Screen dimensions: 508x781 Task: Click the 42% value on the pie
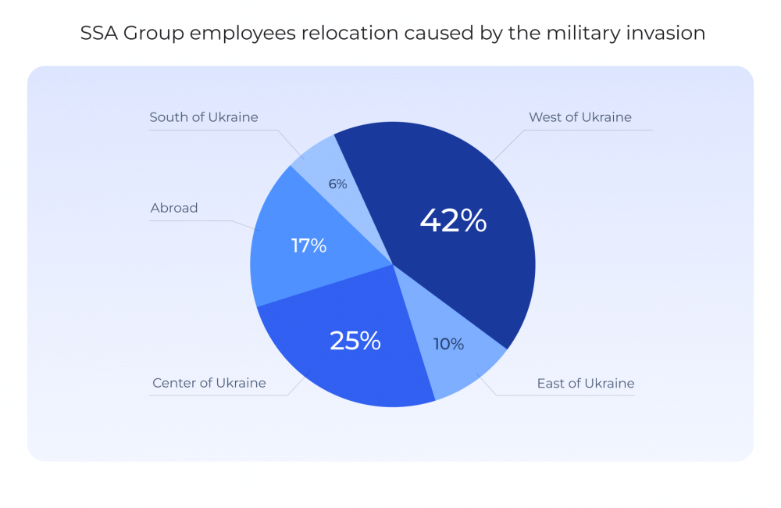tap(453, 220)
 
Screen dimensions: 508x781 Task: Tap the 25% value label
tap(355, 341)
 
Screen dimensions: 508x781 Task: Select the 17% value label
tap(308, 245)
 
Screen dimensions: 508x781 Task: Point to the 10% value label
tap(448, 344)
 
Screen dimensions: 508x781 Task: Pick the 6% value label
tap(337, 184)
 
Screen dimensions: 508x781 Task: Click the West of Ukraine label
tap(580, 117)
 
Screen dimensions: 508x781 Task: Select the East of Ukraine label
tap(585, 384)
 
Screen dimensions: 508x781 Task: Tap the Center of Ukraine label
tap(209, 383)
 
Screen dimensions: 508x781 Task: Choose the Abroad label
tap(173, 208)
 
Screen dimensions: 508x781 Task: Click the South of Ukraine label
tap(203, 117)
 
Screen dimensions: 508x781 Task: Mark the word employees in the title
tap(241, 34)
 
